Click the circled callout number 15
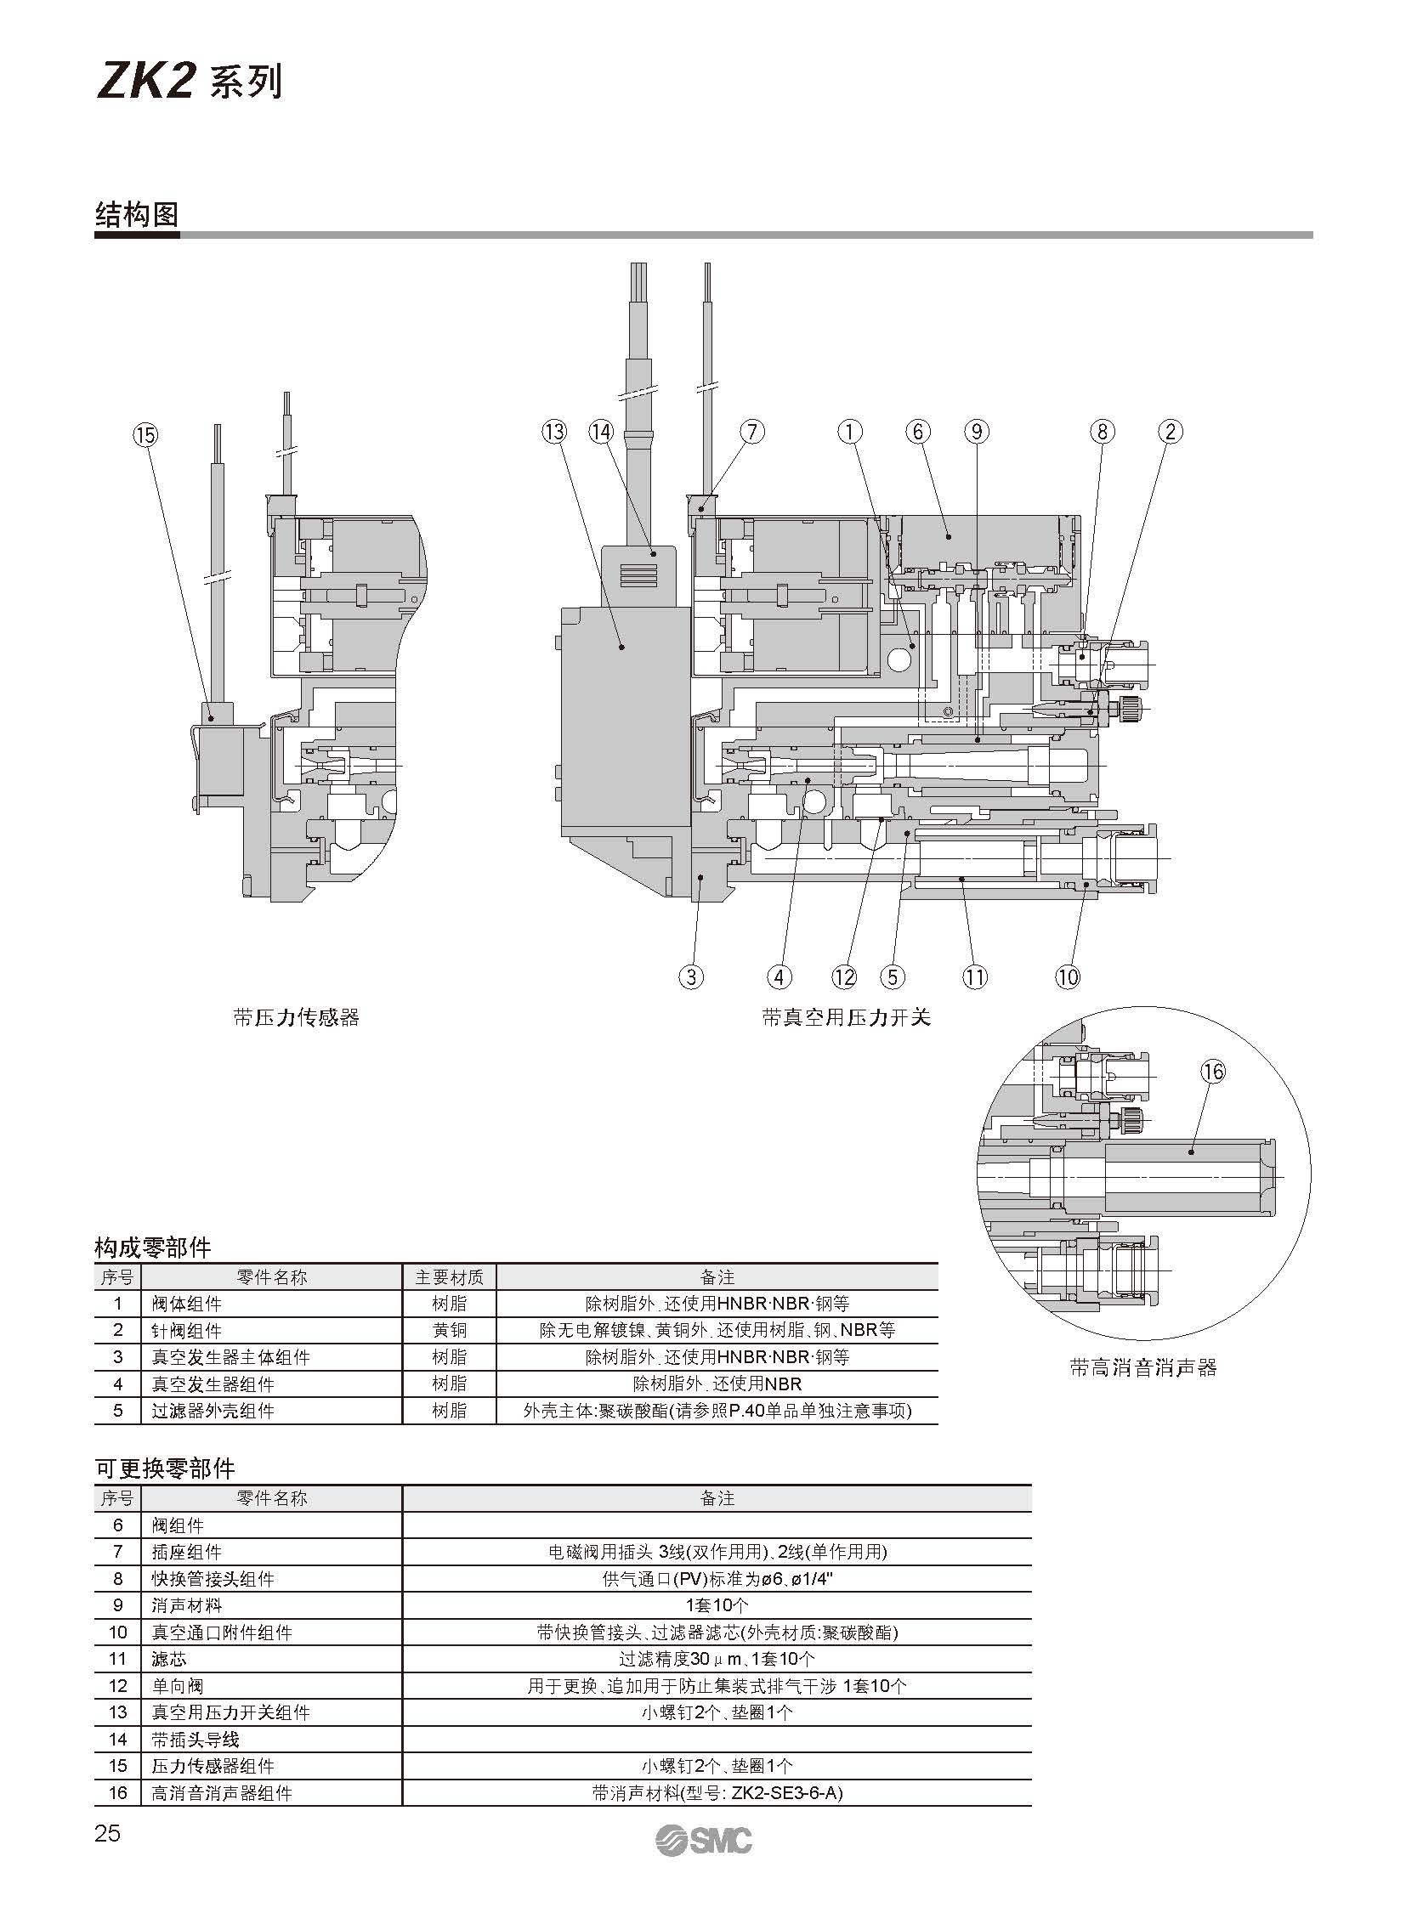pyautogui.click(x=145, y=435)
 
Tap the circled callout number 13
pyautogui.click(x=553, y=433)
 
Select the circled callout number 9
pyautogui.click(x=976, y=433)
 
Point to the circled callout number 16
pyautogui.click(x=1213, y=1072)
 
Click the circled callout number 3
pyautogui.click(x=691, y=977)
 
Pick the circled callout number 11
pyautogui.click(x=975, y=977)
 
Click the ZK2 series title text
pyautogui.click(x=188, y=83)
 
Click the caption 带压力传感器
pyautogui.click(x=296, y=1017)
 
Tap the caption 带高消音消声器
pyautogui.click(x=1143, y=1367)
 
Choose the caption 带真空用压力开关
pyautogui.click(x=847, y=1017)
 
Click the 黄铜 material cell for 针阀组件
pyautogui.click(x=449, y=1329)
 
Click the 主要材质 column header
pyautogui.click(x=449, y=1276)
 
